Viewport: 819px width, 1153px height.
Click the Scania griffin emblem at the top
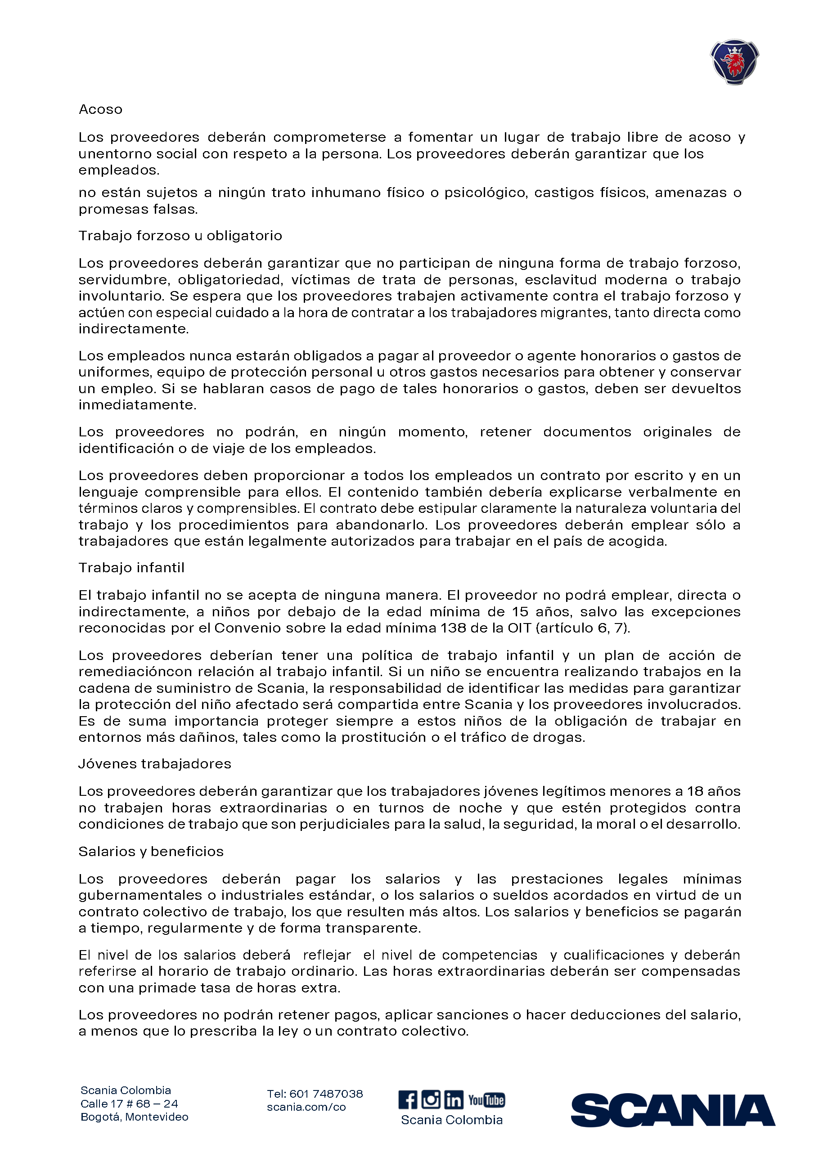point(734,62)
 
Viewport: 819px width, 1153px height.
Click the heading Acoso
point(100,109)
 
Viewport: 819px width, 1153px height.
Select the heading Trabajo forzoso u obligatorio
point(180,235)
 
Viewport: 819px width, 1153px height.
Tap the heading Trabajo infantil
point(131,568)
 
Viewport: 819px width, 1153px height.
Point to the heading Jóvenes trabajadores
point(154,764)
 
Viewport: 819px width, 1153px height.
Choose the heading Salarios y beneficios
point(151,852)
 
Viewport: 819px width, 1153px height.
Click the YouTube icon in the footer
point(486,1099)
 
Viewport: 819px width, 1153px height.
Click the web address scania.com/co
point(306,1107)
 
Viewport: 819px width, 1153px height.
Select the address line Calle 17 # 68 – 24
point(129,1104)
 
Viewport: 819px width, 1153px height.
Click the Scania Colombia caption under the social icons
point(451,1120)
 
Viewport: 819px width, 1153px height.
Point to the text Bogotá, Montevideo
point(134,1117)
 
